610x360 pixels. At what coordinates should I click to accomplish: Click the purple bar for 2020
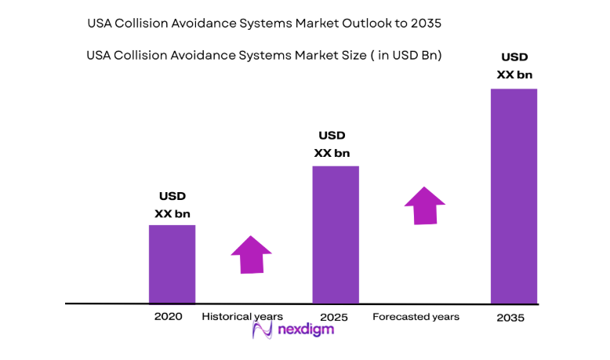click(172, 264)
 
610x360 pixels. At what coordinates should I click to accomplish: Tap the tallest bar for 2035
click(514, 195)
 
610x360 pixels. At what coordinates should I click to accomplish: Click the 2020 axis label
click(168, 316)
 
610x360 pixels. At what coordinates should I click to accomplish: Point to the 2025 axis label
click(335, 317)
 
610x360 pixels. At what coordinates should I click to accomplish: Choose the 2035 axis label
click(510, 318)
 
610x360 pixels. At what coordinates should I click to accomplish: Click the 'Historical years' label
click(242, 316)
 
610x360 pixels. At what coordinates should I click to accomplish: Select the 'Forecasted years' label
click(416, 316)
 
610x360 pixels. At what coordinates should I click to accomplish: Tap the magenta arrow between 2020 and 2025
click(251, 254)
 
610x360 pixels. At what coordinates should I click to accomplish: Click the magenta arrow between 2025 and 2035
click(425, 205)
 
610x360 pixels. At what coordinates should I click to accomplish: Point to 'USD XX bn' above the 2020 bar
click(172, 205)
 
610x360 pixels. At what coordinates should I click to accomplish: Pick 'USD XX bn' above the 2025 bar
click(332, 144)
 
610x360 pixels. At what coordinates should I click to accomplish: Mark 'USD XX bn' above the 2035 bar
click(514, 66)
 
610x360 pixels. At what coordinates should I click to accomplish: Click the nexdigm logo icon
click(262, 329)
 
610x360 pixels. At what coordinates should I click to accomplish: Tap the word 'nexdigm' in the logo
click(306, 329)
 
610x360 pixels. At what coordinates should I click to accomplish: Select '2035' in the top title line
click(426, 24)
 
